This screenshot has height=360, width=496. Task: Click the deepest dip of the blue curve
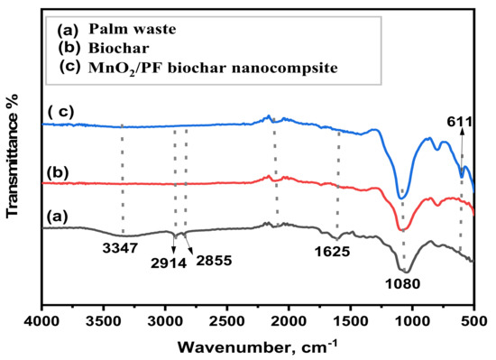click(x=402, y=197)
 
